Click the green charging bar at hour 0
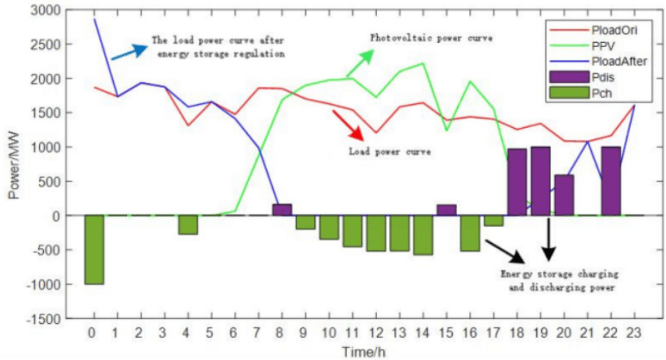94,249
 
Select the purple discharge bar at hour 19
540,181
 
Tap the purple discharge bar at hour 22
611,181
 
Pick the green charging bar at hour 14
423,235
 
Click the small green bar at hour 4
188,225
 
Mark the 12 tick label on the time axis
376,334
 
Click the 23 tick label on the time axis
634,334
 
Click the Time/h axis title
363,351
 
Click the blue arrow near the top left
129,52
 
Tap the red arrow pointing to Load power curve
348,125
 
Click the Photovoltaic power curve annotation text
431,38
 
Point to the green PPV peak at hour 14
423,63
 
